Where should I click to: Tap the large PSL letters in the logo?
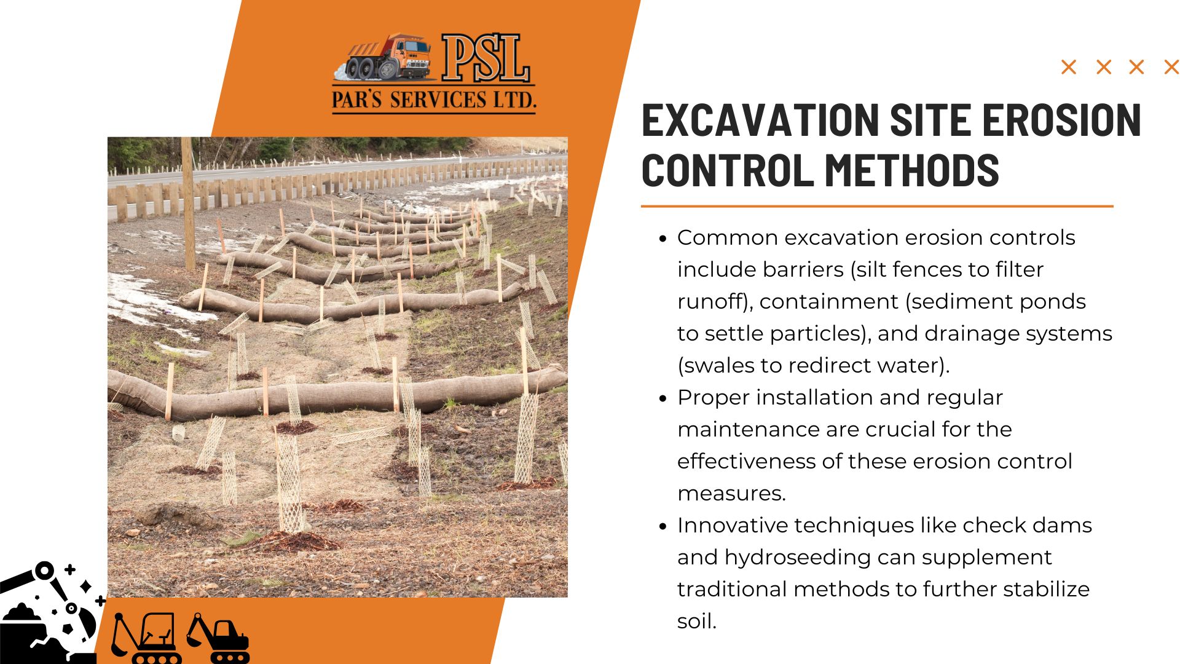pos(486,58)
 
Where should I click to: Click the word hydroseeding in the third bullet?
pos(798,558)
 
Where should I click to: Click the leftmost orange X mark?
pos(1069,67)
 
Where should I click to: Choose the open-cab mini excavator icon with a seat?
pos(146,638)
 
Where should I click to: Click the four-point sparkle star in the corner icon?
pos(86,587)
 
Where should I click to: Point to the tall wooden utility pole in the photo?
pos(188,204)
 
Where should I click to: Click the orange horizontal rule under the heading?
pos(877,207)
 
